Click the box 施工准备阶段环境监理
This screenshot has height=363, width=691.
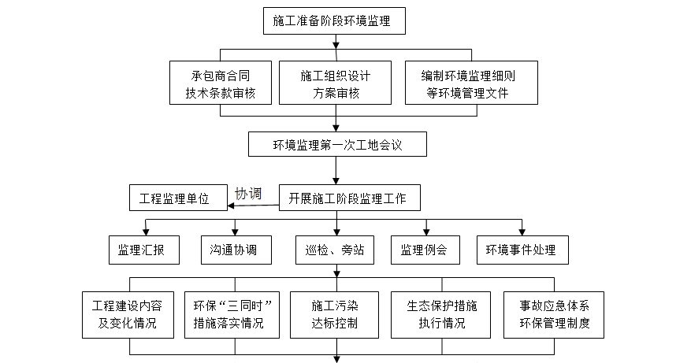pyautogui.click(x=335, y=20)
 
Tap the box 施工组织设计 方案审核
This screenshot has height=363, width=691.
pyautogui.click(x=334, y=83)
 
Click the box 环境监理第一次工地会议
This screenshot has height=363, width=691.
pyautogui.click(x=337, y=145)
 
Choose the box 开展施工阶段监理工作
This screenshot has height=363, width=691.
pyautogui.click(x=348, y=198)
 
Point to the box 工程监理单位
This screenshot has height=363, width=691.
pyautogui.click(x=178, y=198)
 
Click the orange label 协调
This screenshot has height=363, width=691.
pyautogui.click(x=248, y=193)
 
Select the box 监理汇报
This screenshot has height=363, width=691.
pyautogui.click(x=144, y=250)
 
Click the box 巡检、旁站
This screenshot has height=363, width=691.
pyautogui.click(x=334, y=250)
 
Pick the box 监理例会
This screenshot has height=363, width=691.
pyautogui.click(x=425, y=250)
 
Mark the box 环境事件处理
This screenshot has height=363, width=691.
pyautogui.click(x=522, y=250)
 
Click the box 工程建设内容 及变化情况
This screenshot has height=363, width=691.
pyautogui.click(x=127, y=315)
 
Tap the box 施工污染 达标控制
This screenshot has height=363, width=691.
pyautogui.click(x=334, y=315)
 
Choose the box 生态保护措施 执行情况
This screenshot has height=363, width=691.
pyautogui.click(x=440, y=315)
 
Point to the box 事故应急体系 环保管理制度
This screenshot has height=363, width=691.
pyautogui.click(x=555, y=315)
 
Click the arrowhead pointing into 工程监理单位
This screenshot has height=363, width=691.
pyautogui.click(x=232, y=206)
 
